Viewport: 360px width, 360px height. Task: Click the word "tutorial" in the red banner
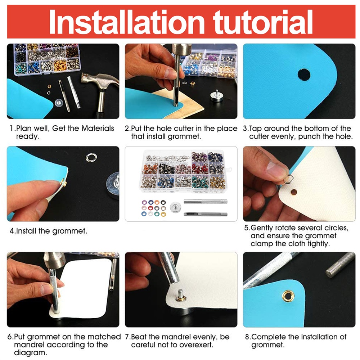coord(263,22)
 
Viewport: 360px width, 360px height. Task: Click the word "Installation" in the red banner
coord(127,22)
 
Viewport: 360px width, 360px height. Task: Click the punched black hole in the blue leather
coord(304,75)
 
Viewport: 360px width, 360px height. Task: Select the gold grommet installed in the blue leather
coord(288,296)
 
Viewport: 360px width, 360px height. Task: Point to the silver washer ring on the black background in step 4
coord(91,158)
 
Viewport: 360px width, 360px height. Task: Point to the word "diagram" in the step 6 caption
coord(30,353)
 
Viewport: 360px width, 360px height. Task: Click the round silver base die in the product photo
coord(175,207)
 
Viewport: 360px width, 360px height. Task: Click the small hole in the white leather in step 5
coord(294,192)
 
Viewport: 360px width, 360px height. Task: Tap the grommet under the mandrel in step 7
coord(181,298)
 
